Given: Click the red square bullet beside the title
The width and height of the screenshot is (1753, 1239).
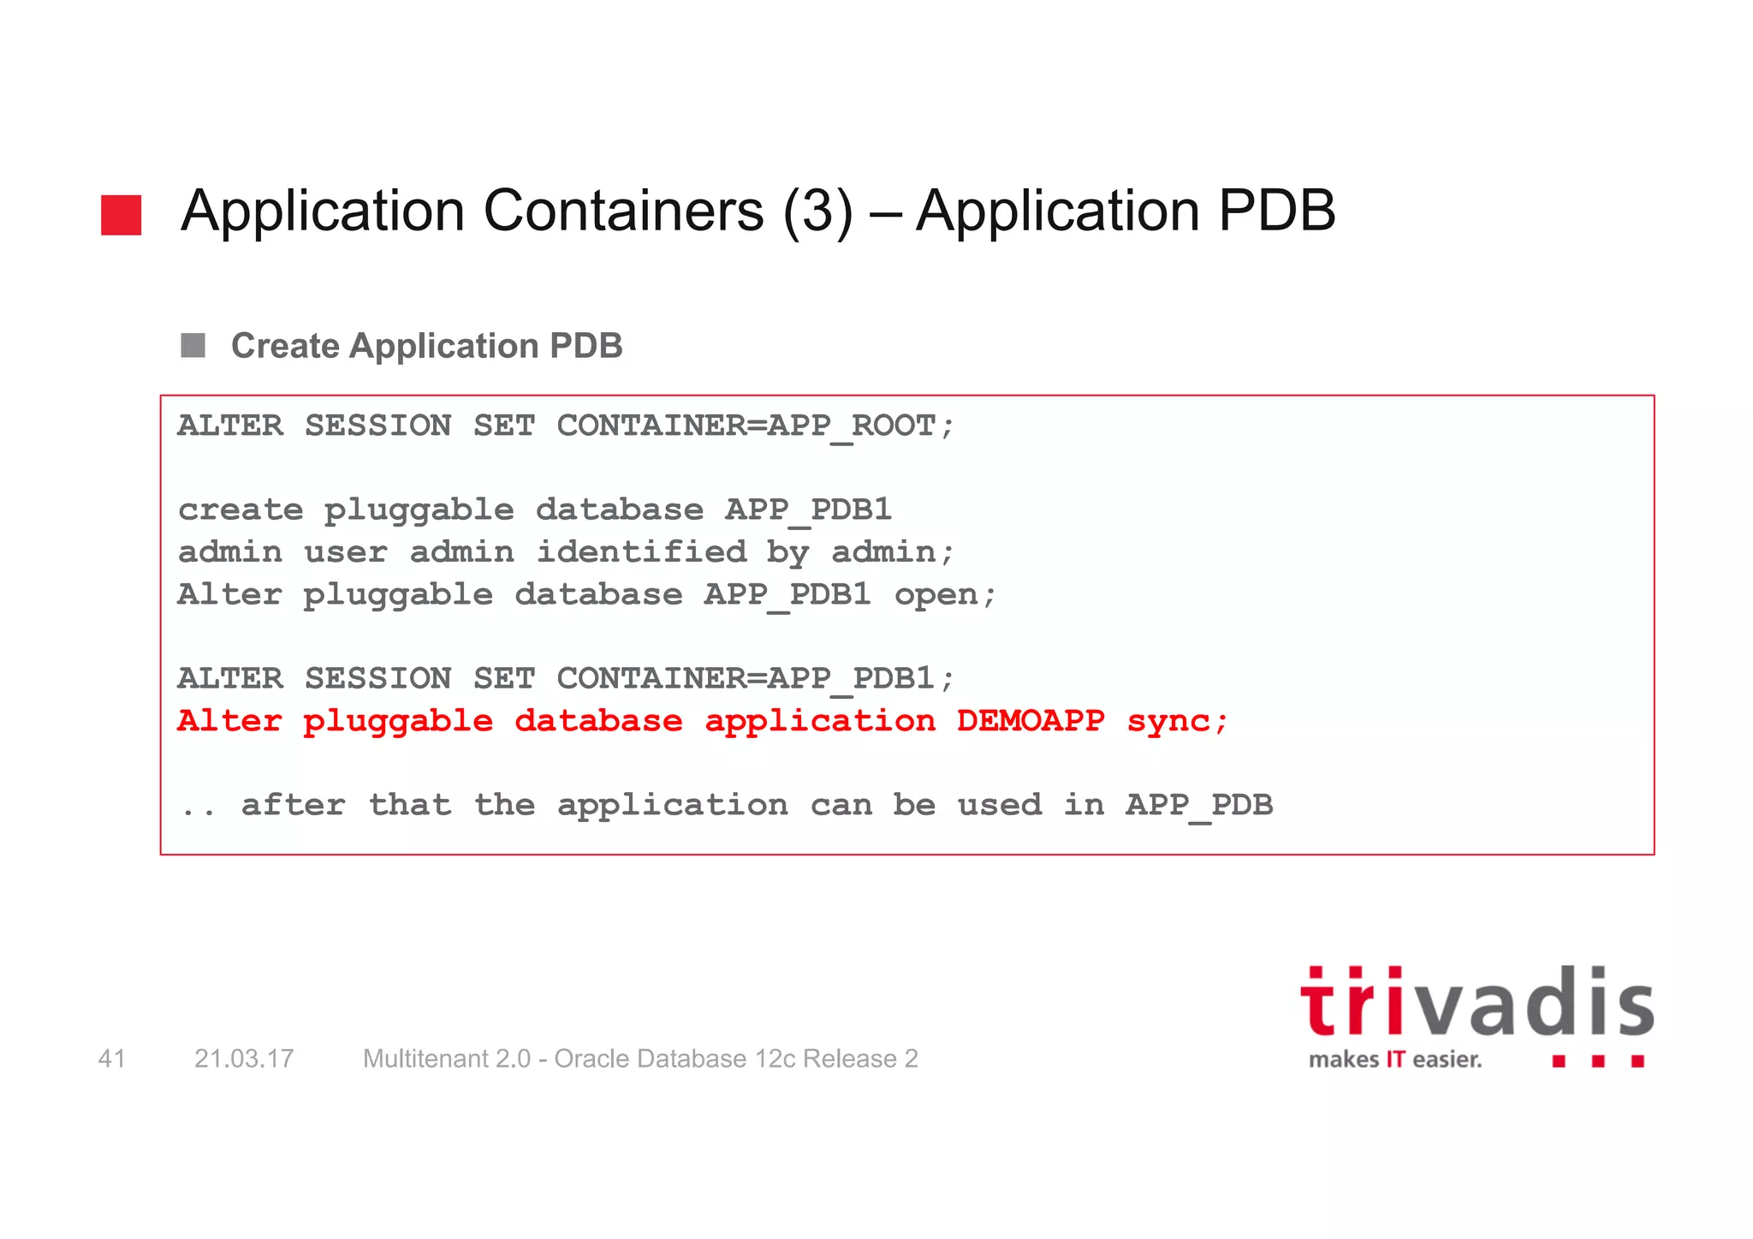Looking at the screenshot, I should tap(121, 215).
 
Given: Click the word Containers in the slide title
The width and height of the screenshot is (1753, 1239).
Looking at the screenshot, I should tap(623, 211).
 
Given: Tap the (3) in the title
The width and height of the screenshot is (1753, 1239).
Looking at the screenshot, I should tap(817, 211).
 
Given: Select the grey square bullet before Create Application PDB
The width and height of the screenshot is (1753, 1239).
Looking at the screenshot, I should tap(193, 346).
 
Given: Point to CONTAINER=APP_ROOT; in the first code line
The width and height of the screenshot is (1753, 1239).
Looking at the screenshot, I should tap(755, 426).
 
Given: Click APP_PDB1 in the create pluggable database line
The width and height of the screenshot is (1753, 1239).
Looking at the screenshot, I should tap(808, 510).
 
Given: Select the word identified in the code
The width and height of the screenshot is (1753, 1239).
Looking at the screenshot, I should tap(641, 552).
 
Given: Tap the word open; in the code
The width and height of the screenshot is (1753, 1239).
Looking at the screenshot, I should tap(945, 595).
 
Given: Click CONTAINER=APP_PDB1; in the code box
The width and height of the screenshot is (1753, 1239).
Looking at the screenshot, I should tap(755, 679).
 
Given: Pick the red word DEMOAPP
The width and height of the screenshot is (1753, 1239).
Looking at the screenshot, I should tap(1031, 721).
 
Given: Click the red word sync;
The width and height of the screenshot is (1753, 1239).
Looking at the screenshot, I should tap(1177, 721).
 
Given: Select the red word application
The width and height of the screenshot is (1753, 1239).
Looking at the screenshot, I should tap(820, 721).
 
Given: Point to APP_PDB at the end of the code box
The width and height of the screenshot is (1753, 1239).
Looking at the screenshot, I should tap(1198, 806).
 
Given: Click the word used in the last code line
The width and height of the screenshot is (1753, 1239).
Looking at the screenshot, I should tap(999, 806).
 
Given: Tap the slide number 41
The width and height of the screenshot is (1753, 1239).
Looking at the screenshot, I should tap(112, 1059).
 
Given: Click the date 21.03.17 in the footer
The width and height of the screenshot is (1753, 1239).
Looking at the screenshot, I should tap(244, 1059).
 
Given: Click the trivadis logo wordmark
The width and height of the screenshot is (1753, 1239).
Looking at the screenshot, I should tap(1477, 1004).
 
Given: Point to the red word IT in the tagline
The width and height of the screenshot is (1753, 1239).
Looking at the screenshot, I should tap(1395, 1060).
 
